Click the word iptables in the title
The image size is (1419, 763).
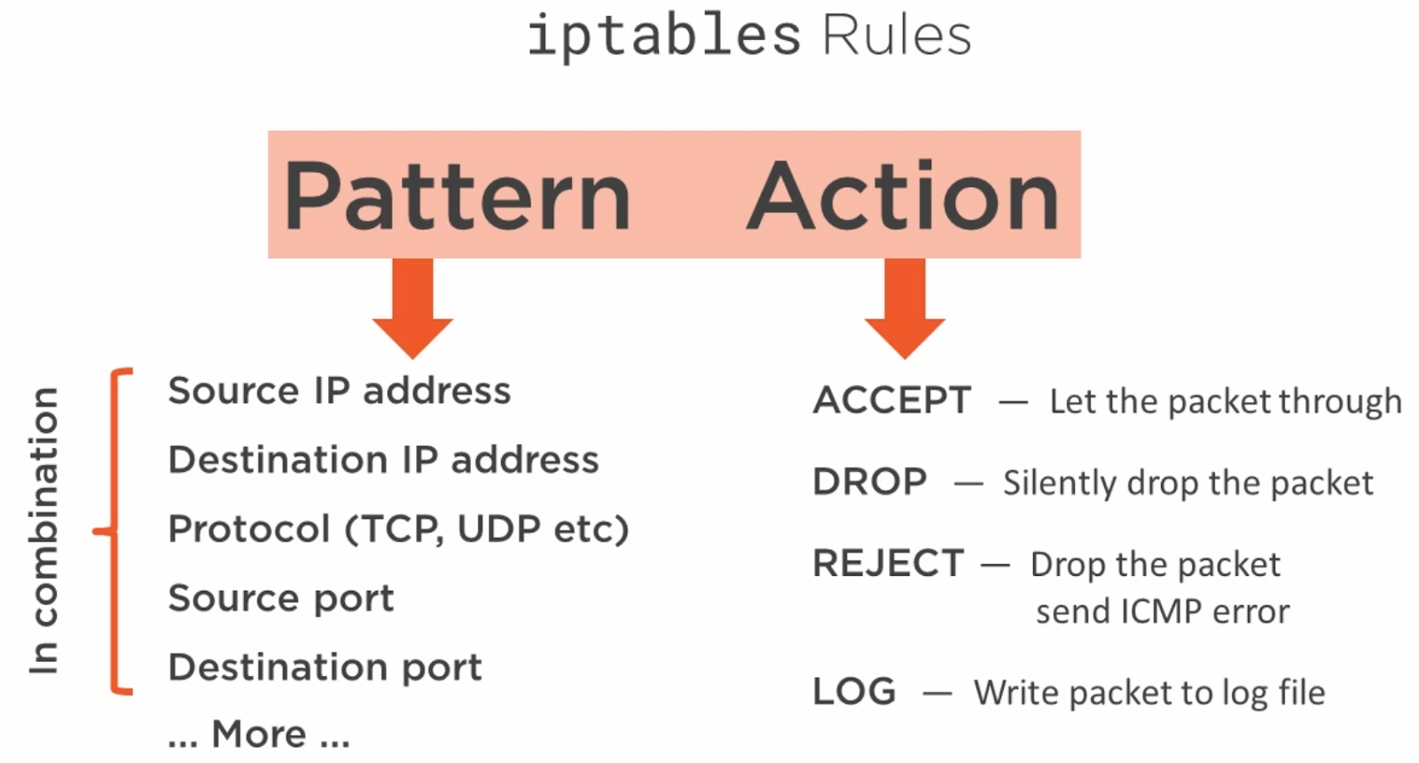pos(664,36)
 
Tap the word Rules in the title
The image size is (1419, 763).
pos(897,35)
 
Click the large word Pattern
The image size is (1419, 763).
pos(457,195)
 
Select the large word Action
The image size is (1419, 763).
pos(904,195)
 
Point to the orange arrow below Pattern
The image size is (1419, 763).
pos(412,308)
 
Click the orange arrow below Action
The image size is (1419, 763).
pos(905,308)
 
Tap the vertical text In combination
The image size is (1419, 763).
pos(44,531)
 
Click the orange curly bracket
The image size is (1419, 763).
pos(114,531)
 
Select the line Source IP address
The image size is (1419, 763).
pos(339,390)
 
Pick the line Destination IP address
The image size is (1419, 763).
pos(383,460)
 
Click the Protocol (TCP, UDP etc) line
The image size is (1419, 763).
pos(398,529)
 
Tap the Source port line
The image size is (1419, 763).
pos(280,599)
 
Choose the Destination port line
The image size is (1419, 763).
pos(325,667)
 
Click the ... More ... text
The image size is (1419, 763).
pos(259,734)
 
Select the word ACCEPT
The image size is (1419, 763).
pos(892,400)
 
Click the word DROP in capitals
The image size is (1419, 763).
pos(870,482)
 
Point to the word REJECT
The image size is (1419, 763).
pos(888,562)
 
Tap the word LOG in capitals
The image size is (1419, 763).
pos(855,691)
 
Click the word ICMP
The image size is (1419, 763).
pos(1161,612)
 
